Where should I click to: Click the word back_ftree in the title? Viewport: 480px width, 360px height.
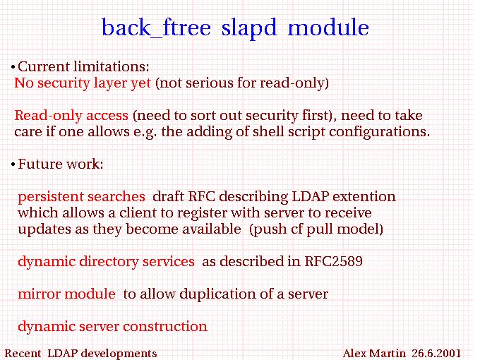156,28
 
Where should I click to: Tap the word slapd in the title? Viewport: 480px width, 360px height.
249,28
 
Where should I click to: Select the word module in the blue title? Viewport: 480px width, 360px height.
328,27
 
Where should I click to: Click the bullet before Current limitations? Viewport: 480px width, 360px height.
13,67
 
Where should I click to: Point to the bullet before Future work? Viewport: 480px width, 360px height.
13,164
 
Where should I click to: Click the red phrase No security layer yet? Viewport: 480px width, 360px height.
83,83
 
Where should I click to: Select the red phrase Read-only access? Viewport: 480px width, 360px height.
71,115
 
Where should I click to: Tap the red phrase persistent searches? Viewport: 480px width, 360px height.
81,197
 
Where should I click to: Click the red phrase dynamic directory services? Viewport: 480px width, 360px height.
106,262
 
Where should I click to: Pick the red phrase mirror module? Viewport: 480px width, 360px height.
67,294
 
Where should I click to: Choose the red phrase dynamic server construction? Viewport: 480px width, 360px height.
113,327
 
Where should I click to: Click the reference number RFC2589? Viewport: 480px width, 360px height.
334,261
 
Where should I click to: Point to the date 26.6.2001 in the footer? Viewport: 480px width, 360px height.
436,353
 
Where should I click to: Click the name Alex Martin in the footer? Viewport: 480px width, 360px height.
374,353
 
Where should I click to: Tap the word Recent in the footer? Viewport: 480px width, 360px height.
23,353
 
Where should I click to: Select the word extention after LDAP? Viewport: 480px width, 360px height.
364,196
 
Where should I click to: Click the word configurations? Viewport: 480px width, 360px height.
380,132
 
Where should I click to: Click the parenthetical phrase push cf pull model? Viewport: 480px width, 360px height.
316,229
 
